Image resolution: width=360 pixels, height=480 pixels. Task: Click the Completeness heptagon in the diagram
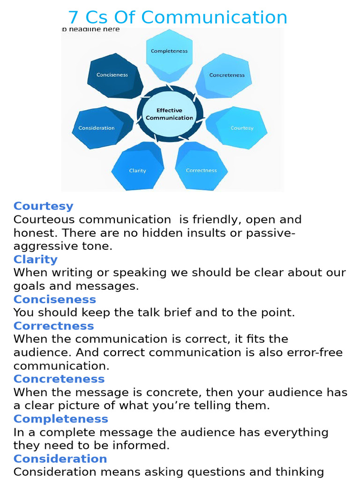[169, 51]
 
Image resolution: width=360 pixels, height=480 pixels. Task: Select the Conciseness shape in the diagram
[113, 75]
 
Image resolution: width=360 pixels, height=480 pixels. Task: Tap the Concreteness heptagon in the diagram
[226, 75]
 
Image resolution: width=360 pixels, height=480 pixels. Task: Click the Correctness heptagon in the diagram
[201, 168]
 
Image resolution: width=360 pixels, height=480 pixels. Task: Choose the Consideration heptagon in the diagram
[97, 127]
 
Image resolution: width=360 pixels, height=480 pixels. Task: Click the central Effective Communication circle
[169, 114]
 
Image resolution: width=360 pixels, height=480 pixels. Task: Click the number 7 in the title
[73, 18]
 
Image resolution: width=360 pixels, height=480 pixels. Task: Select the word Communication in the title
[214, 18]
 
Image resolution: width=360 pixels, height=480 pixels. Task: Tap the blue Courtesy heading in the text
[43, 206]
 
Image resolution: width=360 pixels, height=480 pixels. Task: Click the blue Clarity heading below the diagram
[36, 260]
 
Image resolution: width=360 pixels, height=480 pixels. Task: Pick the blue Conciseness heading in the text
[54, 300]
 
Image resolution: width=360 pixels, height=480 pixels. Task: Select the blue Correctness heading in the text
[53, 326]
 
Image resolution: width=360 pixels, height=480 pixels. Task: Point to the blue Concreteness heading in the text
[59, 379]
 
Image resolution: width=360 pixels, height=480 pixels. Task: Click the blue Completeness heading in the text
[60, 419]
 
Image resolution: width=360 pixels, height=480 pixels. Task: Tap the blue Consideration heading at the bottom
[60, 459]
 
